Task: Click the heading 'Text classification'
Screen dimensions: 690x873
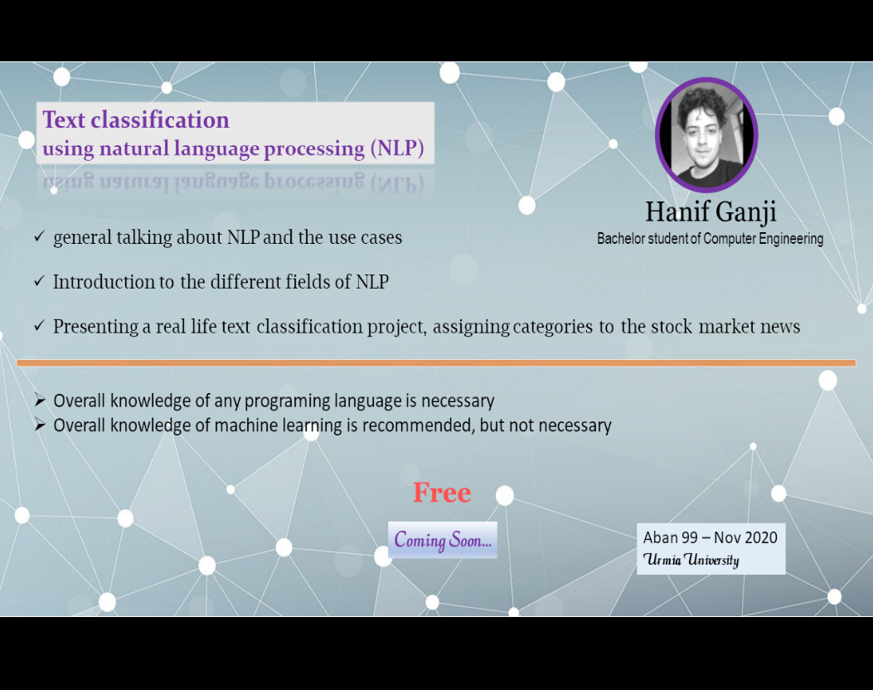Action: click(136, 120)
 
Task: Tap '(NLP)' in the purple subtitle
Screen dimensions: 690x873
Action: click(397, 149)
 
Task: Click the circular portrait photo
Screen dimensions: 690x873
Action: click(706, 135)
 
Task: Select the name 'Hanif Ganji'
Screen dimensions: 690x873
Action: click(711, 211)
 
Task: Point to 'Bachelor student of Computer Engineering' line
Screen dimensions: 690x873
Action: click(710, 239)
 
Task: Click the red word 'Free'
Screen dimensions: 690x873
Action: click(442, 493)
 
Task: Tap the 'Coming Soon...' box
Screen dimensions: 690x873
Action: click(443, 540)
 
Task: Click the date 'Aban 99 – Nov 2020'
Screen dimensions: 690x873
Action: click(711, 537)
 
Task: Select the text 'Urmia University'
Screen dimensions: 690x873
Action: click(691, 560)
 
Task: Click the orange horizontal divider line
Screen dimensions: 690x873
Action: click(436, 362)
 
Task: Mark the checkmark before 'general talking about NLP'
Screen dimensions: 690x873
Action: click(39, 237)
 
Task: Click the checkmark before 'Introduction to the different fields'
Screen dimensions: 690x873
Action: click(39, 282)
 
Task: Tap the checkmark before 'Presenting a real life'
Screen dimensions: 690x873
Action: click(39, 327)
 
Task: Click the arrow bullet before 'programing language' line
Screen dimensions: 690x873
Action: click(40, 401)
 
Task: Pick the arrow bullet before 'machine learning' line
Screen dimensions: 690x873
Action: click(40, 425)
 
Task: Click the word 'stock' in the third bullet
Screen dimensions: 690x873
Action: click(672, 327)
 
